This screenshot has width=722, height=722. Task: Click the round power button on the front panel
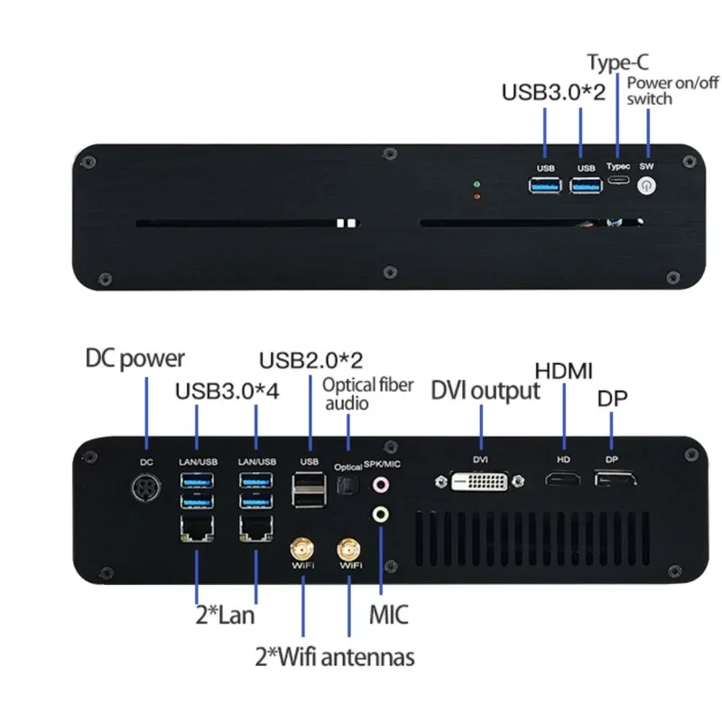point(645,186)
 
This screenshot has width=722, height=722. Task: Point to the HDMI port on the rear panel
point(564,479)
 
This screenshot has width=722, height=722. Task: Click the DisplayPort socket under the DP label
point(613,479)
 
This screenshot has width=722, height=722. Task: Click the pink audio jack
point(382,485)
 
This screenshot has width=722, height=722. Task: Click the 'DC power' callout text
point(135,358)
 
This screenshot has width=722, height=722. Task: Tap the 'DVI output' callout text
point(485,390)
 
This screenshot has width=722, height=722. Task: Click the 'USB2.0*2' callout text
point(310,359)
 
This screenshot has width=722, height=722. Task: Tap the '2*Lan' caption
point(225,616)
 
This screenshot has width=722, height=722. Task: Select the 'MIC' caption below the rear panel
point(388,616)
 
